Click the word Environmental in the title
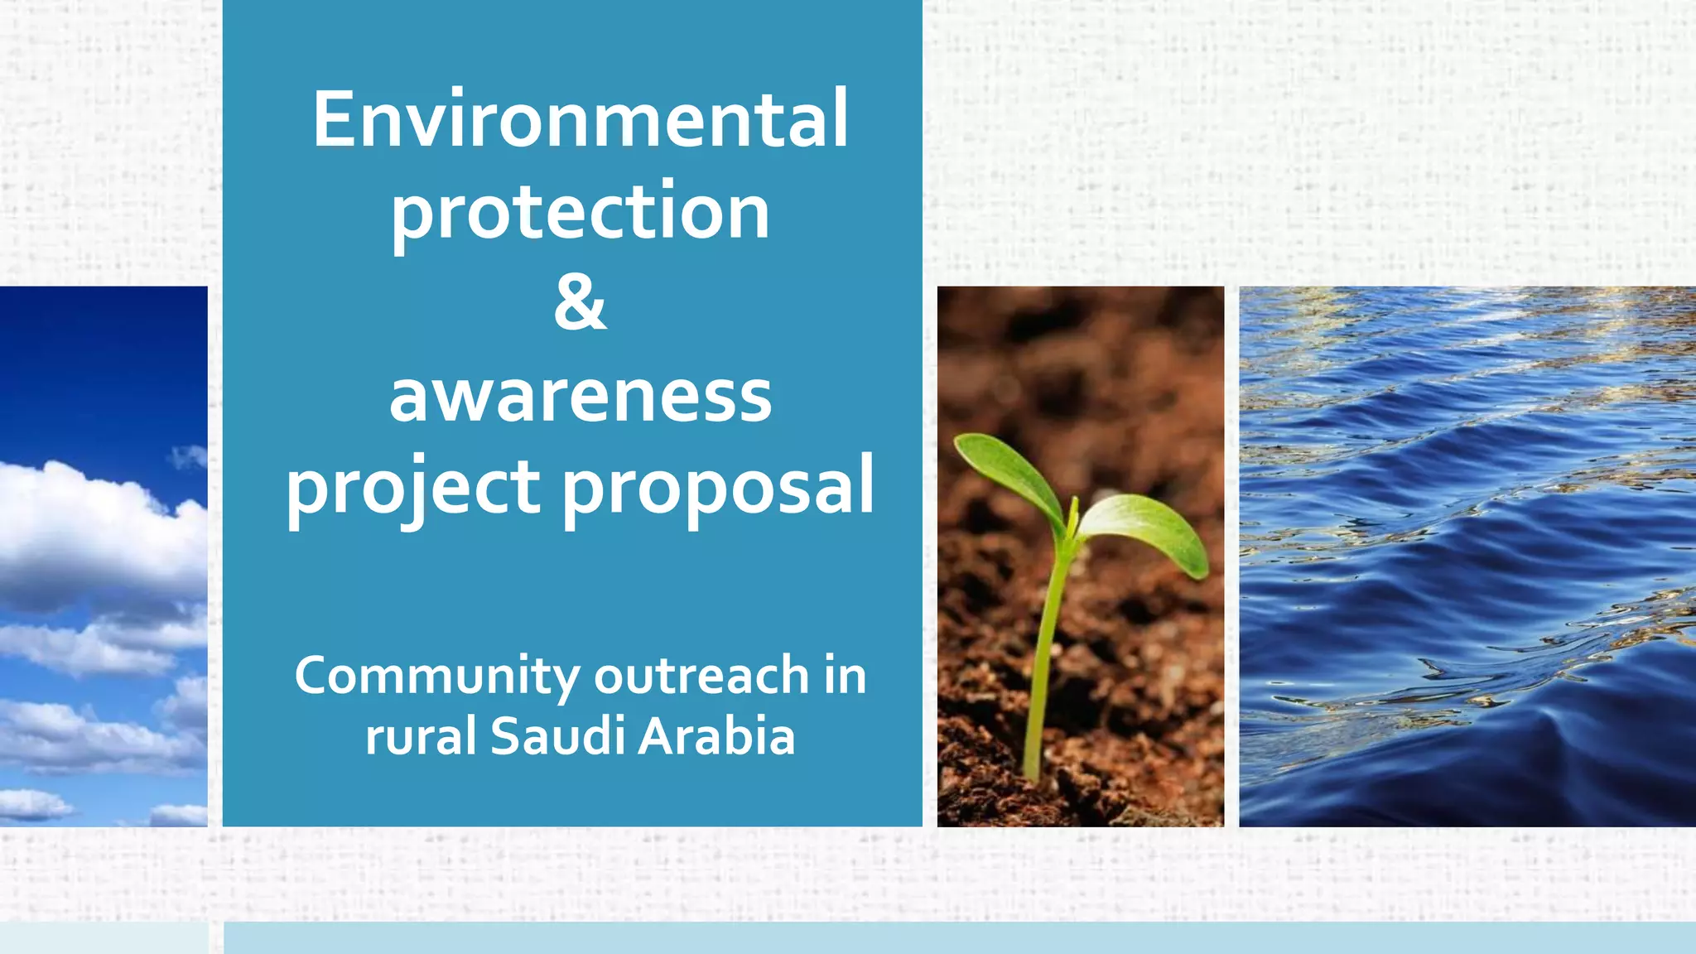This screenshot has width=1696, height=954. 580,120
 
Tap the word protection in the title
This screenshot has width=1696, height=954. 580,212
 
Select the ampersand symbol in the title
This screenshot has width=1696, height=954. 580,303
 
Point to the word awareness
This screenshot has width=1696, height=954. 580,396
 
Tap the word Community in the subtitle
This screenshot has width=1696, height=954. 436,676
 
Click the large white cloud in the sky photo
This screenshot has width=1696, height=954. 91,530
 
